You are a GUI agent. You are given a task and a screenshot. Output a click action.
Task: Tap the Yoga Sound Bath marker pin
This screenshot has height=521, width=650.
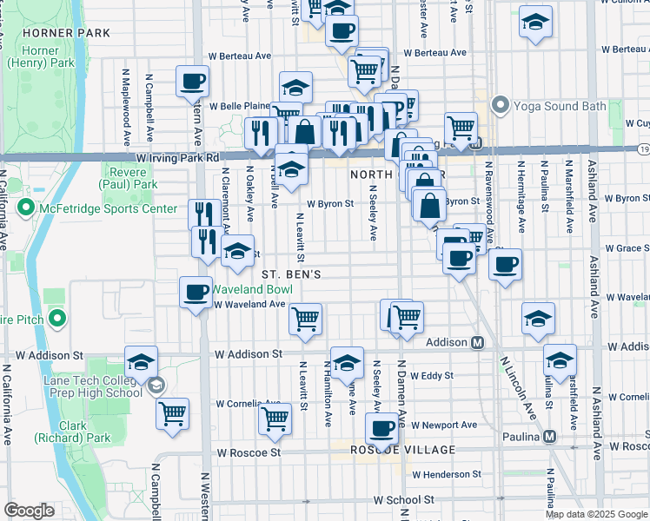(x=500, y=106)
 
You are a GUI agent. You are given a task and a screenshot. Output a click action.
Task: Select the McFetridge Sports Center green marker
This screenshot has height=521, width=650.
(x=24, y=208)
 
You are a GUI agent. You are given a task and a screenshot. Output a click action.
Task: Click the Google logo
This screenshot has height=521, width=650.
(x=30, y=511)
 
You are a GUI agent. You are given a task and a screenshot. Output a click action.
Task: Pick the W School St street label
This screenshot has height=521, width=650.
(x=404, y=500)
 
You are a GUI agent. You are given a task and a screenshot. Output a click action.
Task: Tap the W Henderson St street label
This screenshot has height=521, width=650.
(x=447, y=475)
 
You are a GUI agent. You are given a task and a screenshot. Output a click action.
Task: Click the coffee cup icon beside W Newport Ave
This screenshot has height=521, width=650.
(x=381, y=427)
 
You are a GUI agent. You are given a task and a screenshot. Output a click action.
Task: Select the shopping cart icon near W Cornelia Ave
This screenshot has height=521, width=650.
(x=275, y=419)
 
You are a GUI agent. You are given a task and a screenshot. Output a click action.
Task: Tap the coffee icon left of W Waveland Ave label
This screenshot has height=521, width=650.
(x=196, y=292)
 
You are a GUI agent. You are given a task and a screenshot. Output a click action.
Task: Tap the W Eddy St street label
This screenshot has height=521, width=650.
(x=439, y=375)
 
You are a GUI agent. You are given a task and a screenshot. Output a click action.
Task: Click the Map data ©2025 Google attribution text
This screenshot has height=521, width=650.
(x=596, y=514)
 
